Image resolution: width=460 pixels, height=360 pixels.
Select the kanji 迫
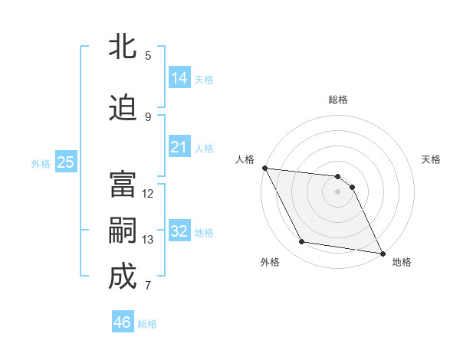pyautogui.click(x=123, y=108)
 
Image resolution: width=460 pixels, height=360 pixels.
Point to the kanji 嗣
pyautogui.click(x=123, y=232)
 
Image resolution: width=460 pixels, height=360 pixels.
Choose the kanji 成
pyautogui.click(x=123, y=277)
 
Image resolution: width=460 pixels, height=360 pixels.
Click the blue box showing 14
pyautogui.click(x=179, y=78)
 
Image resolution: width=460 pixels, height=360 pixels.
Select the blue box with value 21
pyautogui.click(x=179, y=147)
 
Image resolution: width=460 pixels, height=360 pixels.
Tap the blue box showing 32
pyautogui.click(x=179, y=231)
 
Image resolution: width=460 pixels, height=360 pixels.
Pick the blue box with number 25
pyautogui.click(x=65, y=162)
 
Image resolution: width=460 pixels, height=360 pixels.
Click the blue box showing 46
pyautogui.click(x=123, y=322)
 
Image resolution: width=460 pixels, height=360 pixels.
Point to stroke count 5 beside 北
pyautogui.click(x=148, y=55)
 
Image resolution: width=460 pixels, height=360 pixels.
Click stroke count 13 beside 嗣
pyautogui.click(x=148, y=240)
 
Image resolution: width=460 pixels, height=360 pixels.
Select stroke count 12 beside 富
pyautogui.click(x=148, y=194)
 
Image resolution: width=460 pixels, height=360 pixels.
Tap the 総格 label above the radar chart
pyautogui.click(x=338, y=100)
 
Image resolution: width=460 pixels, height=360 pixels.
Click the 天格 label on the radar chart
pyautogui.click(x=432, y=159)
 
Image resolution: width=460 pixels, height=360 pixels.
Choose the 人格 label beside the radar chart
pyautogui.click(x=245, y=159)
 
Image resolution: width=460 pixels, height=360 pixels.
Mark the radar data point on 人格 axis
pyautogui.click(x=264, y=168)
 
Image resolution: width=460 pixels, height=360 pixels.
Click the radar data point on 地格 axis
pyautogui.click(x=383, y=253)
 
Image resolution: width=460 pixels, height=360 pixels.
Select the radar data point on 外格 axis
pyautogui.click(x=302, y=242)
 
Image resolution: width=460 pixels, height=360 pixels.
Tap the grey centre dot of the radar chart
pyautogui.click(x=337, y=191)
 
